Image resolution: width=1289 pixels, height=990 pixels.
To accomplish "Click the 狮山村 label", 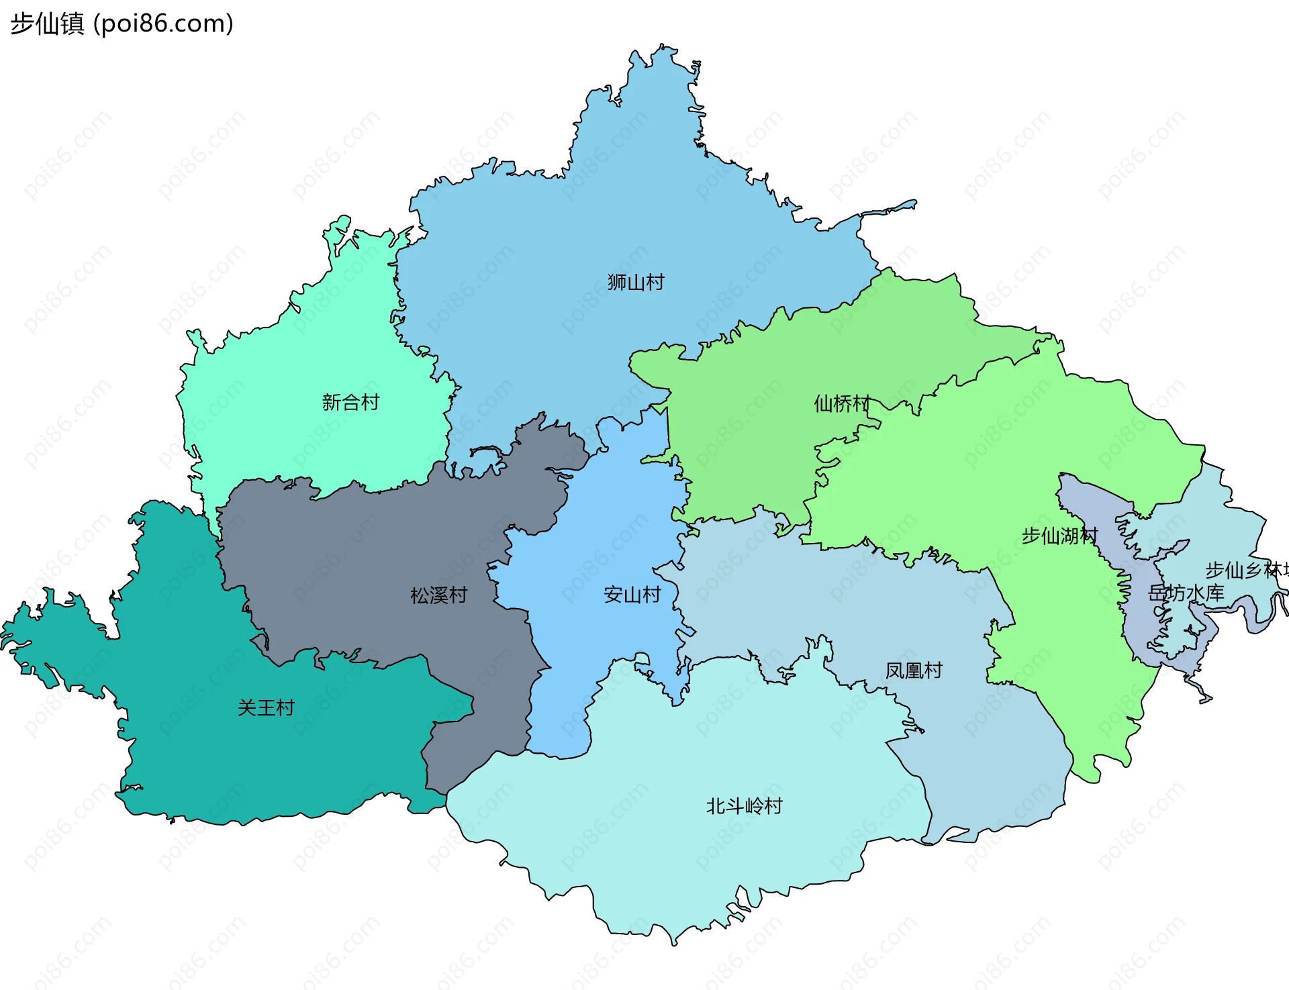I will coord(635,282).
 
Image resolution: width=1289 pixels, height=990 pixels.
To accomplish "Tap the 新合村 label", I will coord(350,402).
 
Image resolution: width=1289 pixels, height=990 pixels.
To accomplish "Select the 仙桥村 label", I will coord(842,403).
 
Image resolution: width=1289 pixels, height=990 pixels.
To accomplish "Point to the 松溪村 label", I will coord(438,595).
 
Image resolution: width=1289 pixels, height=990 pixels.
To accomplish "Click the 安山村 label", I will coord(632,595).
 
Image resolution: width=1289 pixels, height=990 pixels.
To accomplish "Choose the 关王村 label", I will coord(266,707).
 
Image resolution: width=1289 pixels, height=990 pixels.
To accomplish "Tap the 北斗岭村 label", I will coord(744,805).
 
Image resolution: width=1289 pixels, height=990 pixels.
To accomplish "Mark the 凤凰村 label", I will coord(913,670).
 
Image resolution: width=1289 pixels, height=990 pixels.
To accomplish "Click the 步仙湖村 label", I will coord(1059,536).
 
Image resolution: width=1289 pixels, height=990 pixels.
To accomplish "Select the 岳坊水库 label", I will coord(1186,593).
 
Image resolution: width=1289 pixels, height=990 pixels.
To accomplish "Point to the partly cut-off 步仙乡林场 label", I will coord(1246,570).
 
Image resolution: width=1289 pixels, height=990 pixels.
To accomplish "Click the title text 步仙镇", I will coord(47,23).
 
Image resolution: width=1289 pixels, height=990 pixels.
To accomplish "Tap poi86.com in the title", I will coord(163,23).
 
